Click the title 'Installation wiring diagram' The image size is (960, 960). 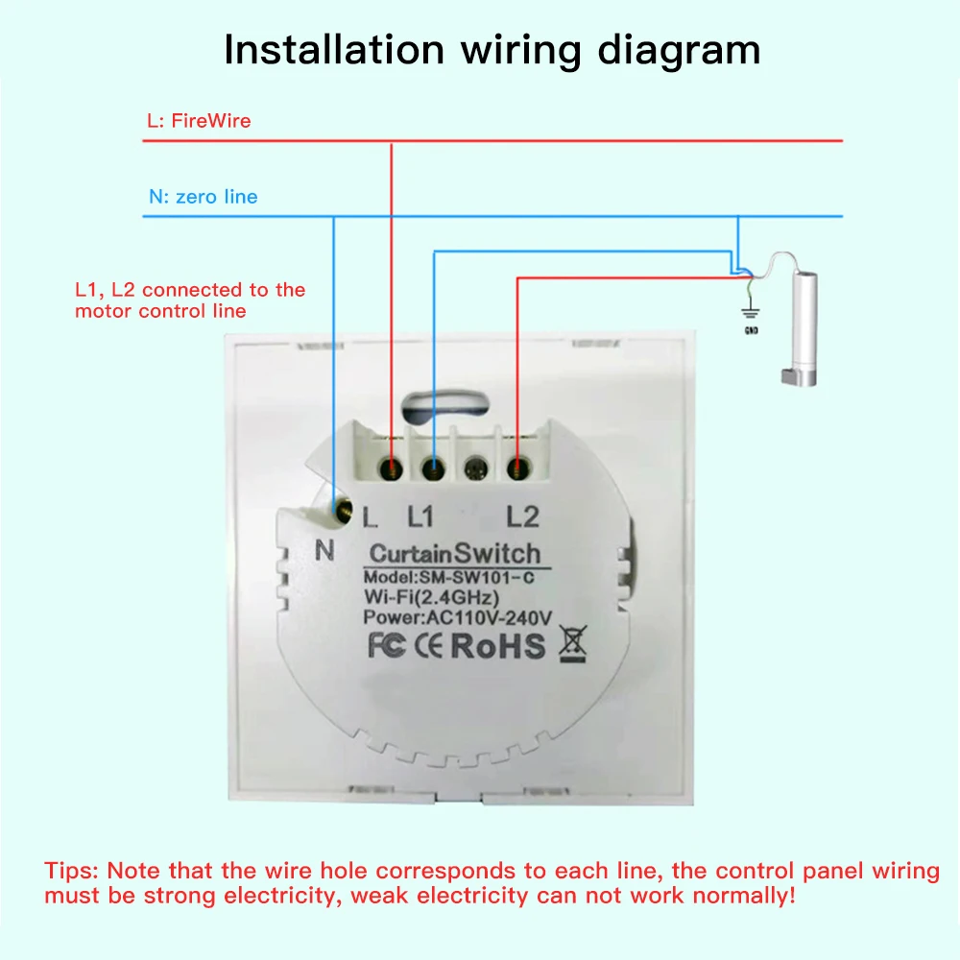492,50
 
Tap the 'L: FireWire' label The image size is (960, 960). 199,121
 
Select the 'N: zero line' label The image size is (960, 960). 204,197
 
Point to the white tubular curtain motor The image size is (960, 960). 803,329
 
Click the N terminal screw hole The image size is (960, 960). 343,509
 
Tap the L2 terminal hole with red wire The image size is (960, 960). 518,469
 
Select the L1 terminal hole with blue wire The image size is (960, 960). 434,469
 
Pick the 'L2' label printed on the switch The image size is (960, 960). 522,517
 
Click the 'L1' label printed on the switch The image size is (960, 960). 420,517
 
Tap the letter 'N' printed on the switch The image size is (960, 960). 324,550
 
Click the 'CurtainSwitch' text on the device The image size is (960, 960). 455,554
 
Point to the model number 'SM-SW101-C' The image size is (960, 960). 476,577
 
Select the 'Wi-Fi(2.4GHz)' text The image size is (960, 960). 431,597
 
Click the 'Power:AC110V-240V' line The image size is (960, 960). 457,617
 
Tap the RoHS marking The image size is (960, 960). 497,646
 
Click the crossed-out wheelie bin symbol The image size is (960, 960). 573,644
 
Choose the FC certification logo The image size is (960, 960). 386,646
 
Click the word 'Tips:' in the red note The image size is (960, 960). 71,871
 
